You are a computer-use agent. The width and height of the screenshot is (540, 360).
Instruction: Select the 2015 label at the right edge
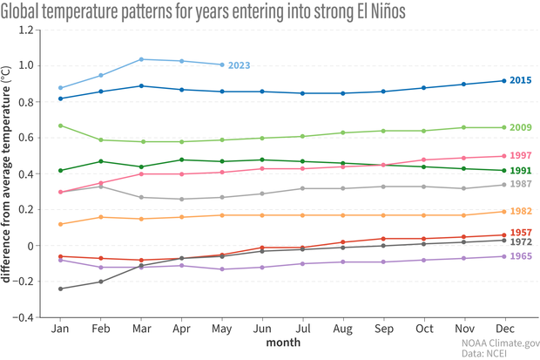coord(520,81)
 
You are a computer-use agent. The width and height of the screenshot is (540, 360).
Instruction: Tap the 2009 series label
coord(520,128)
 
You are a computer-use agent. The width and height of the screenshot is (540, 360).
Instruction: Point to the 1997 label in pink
coord(520,156)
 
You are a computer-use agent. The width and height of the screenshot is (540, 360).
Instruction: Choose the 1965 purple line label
coord(520,257)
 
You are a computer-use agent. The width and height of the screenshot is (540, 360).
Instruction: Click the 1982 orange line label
coord(520,212)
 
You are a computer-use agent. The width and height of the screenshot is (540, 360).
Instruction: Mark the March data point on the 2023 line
coord(141,59)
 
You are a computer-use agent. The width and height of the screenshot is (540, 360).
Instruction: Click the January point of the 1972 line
coord(60,289)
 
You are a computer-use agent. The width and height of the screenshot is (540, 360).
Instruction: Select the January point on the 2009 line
coord(60,126)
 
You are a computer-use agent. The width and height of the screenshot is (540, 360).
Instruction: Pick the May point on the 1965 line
coord(222,269)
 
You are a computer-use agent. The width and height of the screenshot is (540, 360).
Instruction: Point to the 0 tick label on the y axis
coord(34,246)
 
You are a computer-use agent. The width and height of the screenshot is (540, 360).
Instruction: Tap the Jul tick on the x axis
coord(303,330)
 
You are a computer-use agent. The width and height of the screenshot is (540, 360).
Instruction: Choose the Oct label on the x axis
coord(424,330)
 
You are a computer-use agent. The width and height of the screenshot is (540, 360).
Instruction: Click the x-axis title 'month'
coord(282,343)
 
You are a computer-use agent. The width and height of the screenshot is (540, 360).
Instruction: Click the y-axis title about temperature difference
coord(8,174)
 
